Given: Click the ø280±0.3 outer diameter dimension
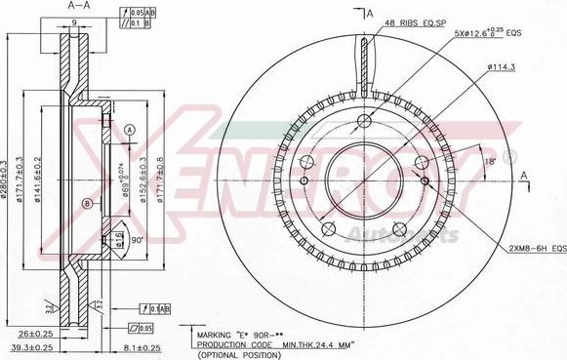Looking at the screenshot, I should (x=7, y=179).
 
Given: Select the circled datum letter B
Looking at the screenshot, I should (x=88, y=204).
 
